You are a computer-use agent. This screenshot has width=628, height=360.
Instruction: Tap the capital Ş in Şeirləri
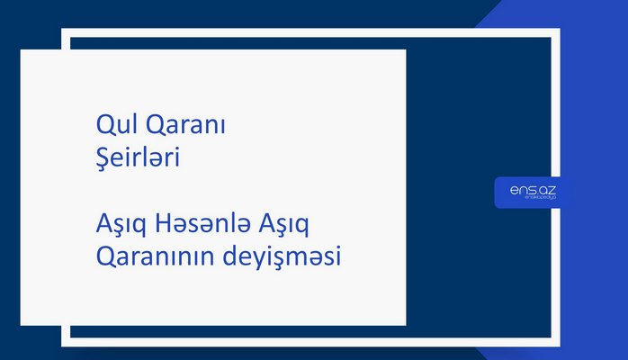coord(101,159)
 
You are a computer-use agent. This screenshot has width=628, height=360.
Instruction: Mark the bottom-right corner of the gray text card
coord(405,324)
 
